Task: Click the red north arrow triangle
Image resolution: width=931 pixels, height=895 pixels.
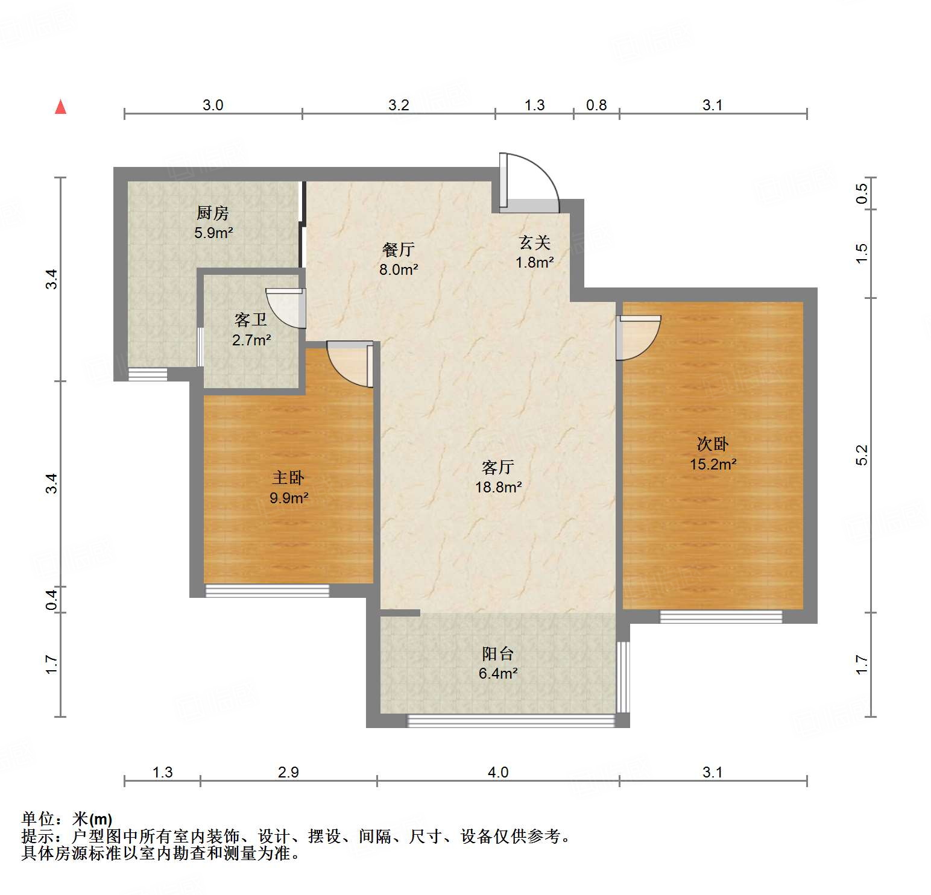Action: [x=60, y=107]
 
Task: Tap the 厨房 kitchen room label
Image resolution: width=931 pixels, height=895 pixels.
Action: [x=212, y=213]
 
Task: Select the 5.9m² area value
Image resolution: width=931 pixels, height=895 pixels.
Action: [x=213, y=233]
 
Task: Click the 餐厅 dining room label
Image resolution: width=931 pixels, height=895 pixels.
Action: [x=398, y=250]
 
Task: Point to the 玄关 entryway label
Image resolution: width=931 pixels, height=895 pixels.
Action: [x=535, y=242]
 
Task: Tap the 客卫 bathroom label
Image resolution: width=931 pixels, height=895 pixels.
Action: [x=251, y=320]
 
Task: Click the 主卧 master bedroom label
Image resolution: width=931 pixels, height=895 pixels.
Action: [x=288, y=478]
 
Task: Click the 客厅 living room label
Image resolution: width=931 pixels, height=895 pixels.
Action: [x=498, y=467]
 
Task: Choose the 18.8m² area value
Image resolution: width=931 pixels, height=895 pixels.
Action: [x=498, y=487]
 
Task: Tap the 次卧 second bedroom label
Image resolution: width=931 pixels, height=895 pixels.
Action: [x=713, y=444]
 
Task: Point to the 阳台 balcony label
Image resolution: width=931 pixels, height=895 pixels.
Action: [x=497, y=653]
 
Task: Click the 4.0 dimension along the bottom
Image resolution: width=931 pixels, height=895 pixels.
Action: [x=498, y=772]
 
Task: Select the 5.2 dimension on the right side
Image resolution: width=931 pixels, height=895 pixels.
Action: [x=862, y=454]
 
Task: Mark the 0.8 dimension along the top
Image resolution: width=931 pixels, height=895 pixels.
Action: [x=596, y=105]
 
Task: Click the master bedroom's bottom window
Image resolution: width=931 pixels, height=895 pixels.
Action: [x=267, y=591]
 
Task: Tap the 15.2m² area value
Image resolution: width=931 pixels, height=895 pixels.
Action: [x=713, y=464]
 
